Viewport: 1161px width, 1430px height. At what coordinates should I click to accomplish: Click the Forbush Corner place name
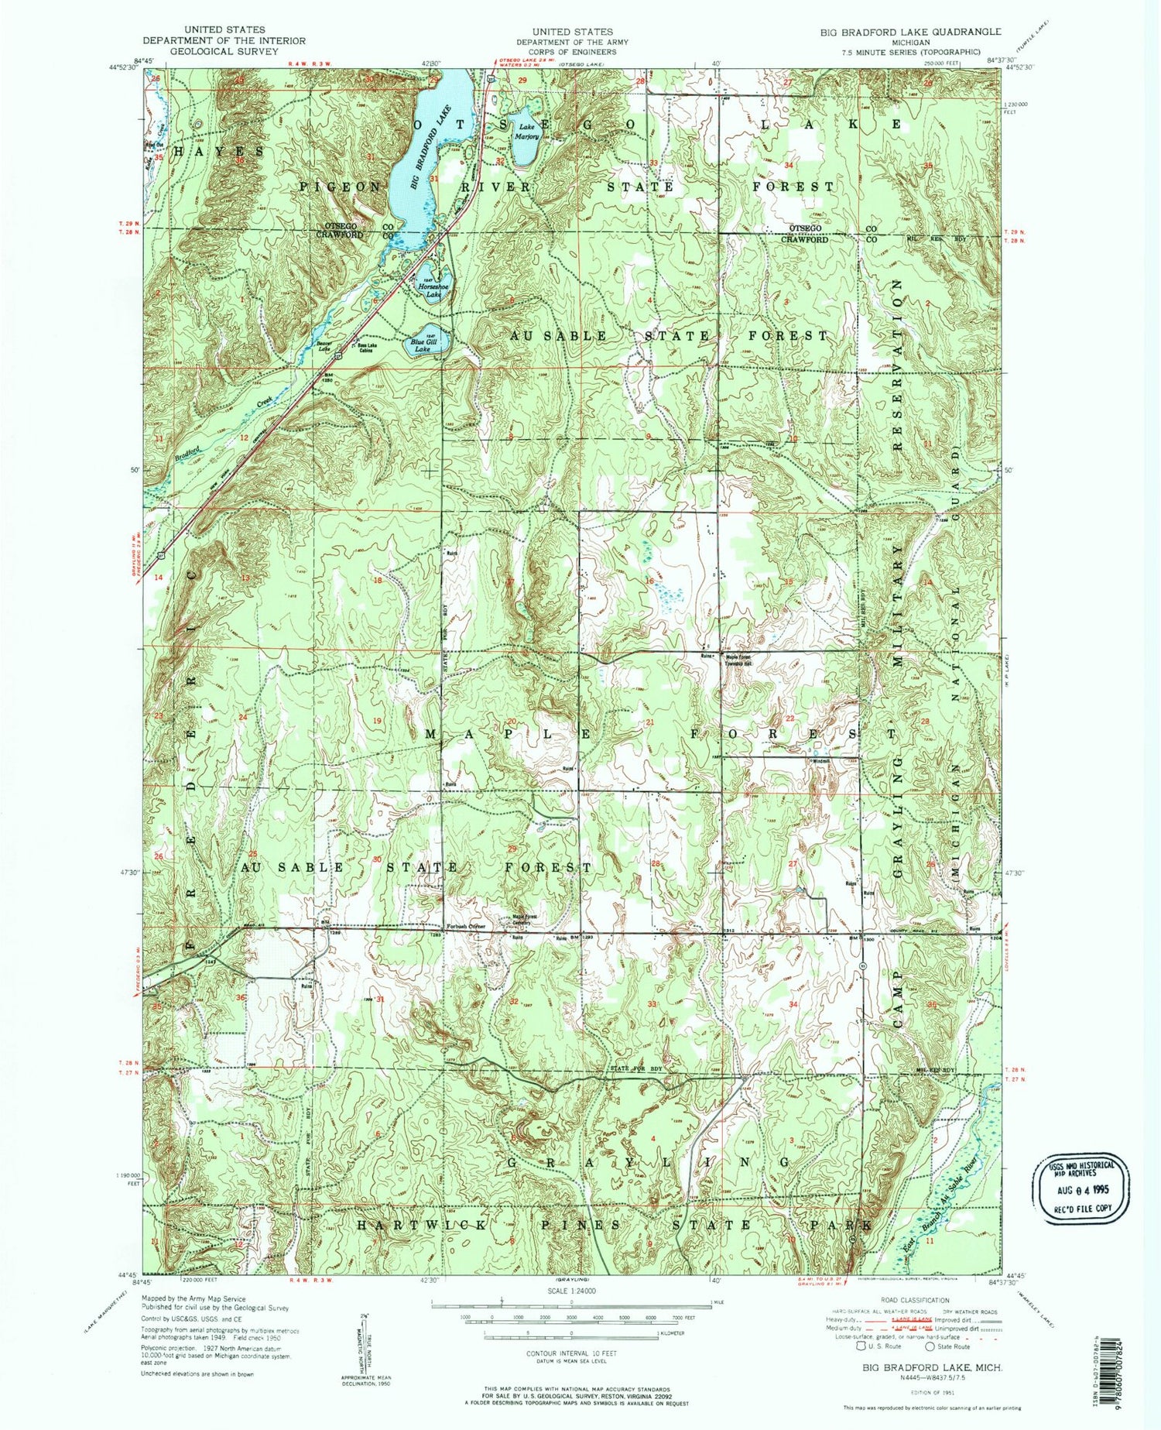[x=465, y=927]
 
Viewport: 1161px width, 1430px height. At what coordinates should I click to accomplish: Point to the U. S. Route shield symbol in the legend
[x=861, y=1346]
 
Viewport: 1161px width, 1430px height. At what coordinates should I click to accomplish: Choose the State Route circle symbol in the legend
[x=931, y=1346]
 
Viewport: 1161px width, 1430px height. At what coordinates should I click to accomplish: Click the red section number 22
[x=789, y=719]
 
